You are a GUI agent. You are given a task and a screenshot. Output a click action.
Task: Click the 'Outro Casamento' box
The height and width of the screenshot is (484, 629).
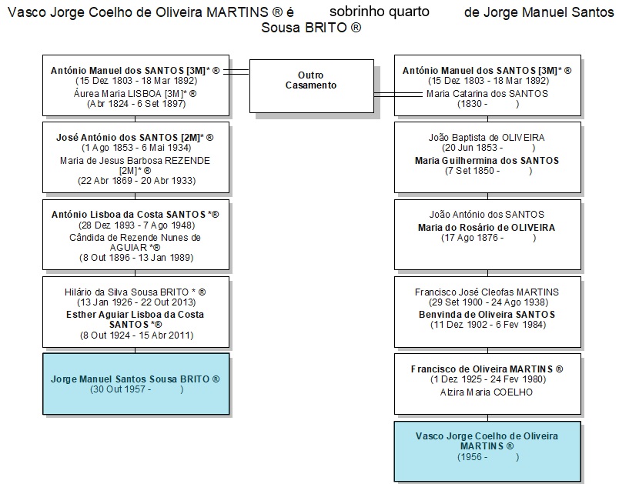(x=312, y=86)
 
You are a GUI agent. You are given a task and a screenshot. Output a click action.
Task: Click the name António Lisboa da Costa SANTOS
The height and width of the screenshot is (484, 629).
(x=129, y=215)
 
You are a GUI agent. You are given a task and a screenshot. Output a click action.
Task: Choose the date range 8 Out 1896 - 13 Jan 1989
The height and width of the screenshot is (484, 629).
(x=136, y=258)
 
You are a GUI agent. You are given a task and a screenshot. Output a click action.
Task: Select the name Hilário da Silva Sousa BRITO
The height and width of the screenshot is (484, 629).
(x=126, y=292)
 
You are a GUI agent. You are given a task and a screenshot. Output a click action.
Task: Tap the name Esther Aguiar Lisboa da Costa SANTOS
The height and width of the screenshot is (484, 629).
(x=136, y=319)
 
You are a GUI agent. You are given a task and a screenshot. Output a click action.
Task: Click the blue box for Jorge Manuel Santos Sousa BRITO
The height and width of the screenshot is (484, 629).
(x=136, y=384)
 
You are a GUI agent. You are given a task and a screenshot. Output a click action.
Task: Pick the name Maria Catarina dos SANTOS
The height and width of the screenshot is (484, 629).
(x=487, y=94)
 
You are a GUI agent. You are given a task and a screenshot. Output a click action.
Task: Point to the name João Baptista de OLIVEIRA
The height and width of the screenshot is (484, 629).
(x=487, y=138)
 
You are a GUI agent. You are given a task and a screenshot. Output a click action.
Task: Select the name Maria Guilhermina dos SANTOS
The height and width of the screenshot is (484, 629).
(x=487, y=161)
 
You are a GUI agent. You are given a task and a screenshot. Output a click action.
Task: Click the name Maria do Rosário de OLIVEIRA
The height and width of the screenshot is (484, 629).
(x=487, y=228)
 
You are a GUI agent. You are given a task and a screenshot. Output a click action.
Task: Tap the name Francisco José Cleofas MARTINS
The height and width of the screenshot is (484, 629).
(x=487, y=292)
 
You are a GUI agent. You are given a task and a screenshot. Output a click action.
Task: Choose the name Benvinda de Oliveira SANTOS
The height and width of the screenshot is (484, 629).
(x=487, y=315)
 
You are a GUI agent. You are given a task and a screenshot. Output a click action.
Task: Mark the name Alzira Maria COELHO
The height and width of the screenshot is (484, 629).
(x=487, y=392)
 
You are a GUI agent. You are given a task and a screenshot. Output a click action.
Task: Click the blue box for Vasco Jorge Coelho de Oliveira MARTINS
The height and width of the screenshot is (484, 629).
(x=487, y=451)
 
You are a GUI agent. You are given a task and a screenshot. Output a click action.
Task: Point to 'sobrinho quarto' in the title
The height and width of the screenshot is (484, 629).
(x=380, y=12)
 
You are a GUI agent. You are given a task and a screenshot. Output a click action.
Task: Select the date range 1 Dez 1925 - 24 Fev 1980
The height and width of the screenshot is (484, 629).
(x=488, y=379)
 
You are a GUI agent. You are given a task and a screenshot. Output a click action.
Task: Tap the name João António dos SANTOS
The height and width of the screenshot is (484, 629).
(x=487, y=215)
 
